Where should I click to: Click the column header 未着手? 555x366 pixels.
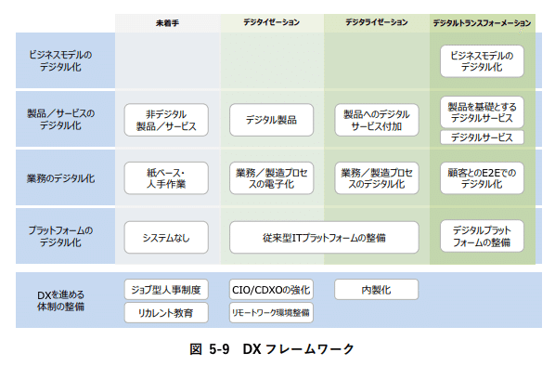coord(166,21)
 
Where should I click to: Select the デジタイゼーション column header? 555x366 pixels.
coord(271,21)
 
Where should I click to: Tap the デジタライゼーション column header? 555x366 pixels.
coord(376,21)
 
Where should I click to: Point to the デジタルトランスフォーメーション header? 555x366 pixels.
coord(482,21)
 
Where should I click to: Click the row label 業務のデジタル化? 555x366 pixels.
coord(61,177)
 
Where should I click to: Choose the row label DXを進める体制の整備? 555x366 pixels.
coord(61,300)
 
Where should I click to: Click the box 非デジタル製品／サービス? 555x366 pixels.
coord(166,120)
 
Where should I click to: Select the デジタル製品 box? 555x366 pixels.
coord(271,120)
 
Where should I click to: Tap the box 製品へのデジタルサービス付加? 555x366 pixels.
coord(376,120)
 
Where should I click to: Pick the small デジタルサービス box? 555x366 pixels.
coord(482,137)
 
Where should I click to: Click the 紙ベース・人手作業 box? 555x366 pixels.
coord(166,177)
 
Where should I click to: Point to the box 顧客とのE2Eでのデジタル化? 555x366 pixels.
coord(482,177)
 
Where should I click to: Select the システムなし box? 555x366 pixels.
coord(166,236)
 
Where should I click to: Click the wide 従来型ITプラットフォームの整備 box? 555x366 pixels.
coord(324,236)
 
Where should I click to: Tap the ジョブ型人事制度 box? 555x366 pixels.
coord(166,290)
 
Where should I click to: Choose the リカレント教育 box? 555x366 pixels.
coord(166,313)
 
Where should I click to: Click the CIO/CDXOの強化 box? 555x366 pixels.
coord(271,290)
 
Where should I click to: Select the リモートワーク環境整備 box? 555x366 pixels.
coord(271,313)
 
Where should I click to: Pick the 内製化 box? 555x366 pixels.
coord(376,290)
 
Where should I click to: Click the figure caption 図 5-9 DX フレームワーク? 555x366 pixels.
coord(277,349)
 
